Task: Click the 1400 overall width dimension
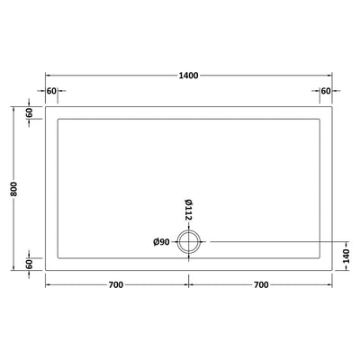(x=188, y=76)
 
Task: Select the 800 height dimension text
(x=14, y=189)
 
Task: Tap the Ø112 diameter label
(x=188, y=210)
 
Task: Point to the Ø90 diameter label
(x=161, y=242)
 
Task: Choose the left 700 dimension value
(x=116, y=284)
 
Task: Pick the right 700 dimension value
(x=261, y=284)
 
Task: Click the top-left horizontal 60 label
(x=51, y=91)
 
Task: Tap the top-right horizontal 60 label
(x=326, y=91)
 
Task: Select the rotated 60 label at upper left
(x=29, y=112)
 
